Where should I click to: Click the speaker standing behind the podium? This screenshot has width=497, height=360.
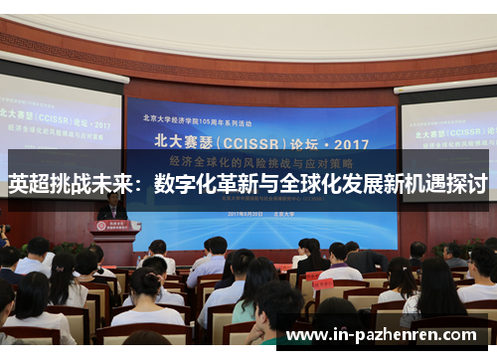pos(112,206)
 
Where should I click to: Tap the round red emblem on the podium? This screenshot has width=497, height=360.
pos(115,226)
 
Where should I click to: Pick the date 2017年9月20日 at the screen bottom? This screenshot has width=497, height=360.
pos(244,214)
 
